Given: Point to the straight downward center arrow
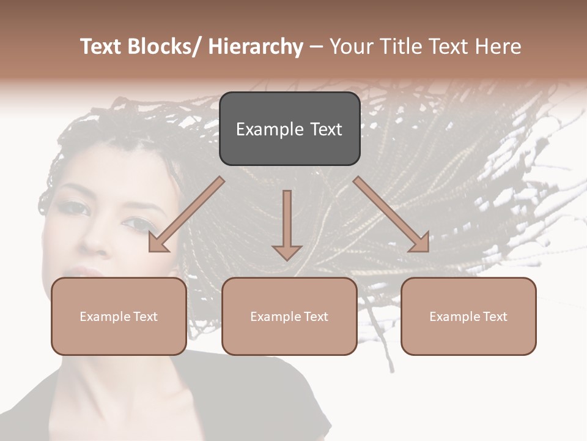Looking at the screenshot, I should pyautogui.click(x=287, y=224).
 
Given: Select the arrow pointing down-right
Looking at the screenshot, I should pyautogui.click(x=392, y=214).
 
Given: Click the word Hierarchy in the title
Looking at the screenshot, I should pyautogui.click(x=256, y=47).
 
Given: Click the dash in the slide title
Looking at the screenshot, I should pyautogui.click(x=316, y=47).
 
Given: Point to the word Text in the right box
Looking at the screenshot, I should pyautogui.click(x=494, y=317).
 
